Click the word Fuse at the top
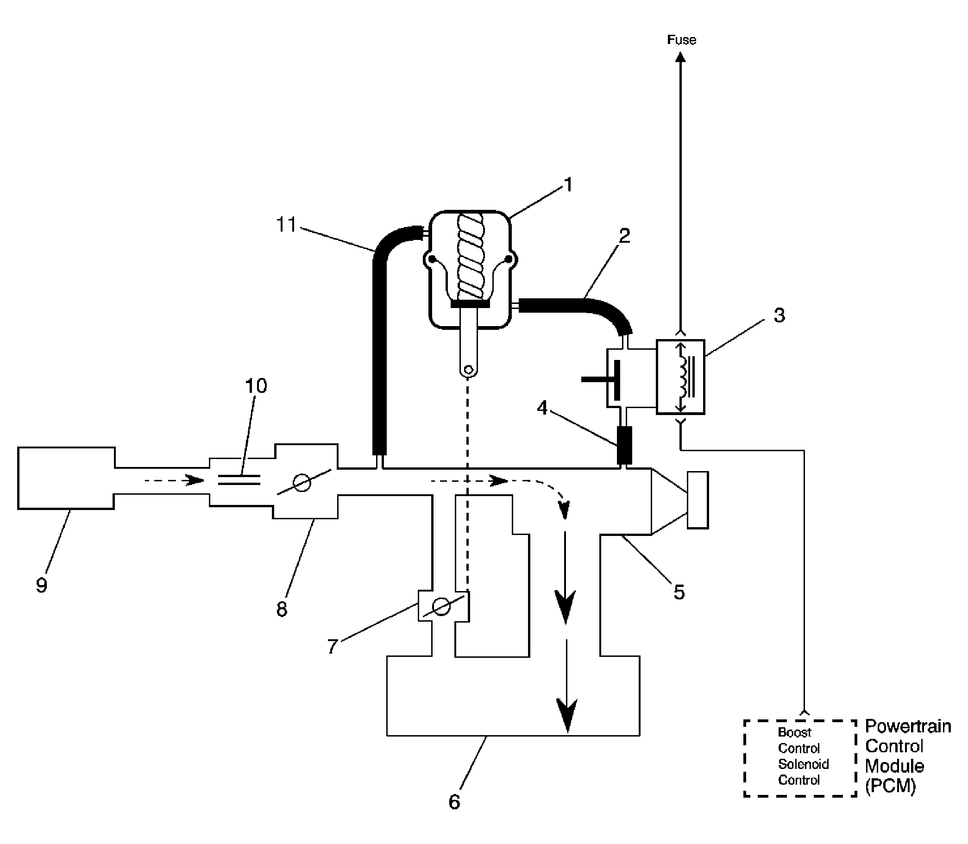tap(681, 40)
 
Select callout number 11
tap(286, 225)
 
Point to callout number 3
tap(779, 315)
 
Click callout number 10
tap(256, 386)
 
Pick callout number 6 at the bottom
tap(454, 801)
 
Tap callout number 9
tap(41, 585)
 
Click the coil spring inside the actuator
tap(471, 257)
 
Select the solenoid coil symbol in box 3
tap(681, 377)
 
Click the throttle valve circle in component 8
tap(302, 483)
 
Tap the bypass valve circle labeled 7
tap(441, 607)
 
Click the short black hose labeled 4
tap(624, 446)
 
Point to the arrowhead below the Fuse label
tap(681, 57)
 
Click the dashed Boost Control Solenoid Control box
tap(799, 758)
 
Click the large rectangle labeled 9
tap(66, 478)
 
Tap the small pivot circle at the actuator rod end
tap(468, 369)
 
